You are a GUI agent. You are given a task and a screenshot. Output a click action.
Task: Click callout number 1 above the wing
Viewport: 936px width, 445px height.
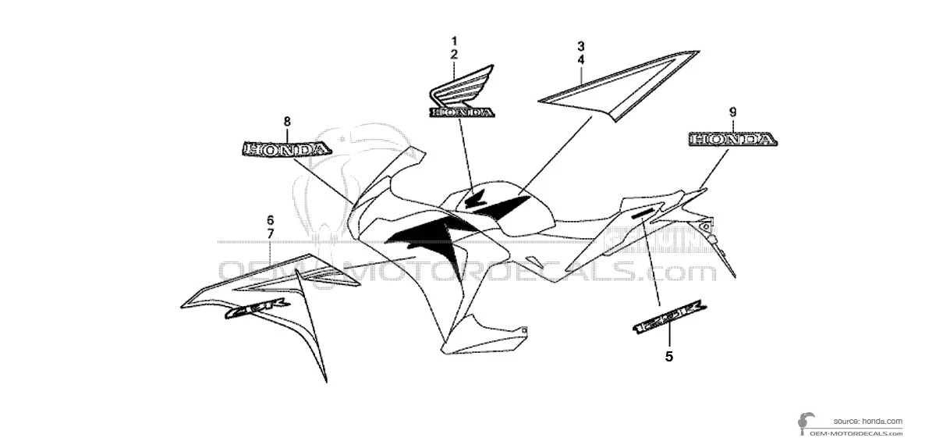[x=454, y=40]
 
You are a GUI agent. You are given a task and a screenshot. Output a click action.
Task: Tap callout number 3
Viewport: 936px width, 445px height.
[x=580, y=45]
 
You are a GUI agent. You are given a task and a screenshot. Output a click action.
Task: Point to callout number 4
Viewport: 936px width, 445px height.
[x=580, y=59]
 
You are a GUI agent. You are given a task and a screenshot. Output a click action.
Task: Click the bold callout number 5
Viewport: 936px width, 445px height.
[x=668, y=357]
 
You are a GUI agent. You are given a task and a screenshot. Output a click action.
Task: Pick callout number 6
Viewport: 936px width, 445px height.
[x=270, y=219]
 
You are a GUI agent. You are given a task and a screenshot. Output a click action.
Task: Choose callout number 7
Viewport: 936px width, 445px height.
[x=270, y=233]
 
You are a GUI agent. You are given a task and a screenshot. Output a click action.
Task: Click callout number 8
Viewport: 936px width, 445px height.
[x=286, y=121]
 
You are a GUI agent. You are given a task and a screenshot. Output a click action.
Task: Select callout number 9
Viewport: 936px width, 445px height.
[x=732, y=112]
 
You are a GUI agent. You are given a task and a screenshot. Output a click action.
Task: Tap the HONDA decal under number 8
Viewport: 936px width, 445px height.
[x=276, y=149]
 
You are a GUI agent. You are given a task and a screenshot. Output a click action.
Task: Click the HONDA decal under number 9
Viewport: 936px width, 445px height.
[x=732, y=140]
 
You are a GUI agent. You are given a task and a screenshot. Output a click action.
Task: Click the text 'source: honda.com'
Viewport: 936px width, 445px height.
[x=867, y=420]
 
